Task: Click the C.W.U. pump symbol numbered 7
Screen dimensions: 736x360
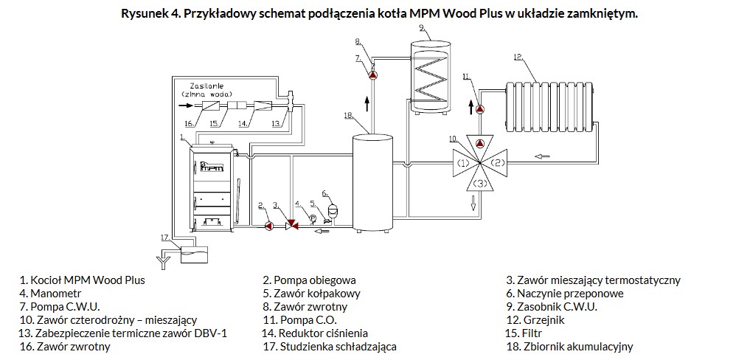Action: click(372, 75)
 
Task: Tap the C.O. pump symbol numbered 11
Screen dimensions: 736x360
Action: click(480, 109)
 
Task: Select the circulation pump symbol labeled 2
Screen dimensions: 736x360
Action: click(269, 226)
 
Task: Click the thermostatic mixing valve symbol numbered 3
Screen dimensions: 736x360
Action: click(291, 226)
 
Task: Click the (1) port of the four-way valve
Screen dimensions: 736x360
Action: click(463, 163)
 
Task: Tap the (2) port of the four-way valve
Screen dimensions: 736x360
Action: click(496, 163)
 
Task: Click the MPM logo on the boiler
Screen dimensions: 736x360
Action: click(212, 166)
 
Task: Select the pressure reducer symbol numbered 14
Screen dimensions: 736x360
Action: click(263, 105)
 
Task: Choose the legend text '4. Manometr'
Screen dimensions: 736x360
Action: click(50, 294)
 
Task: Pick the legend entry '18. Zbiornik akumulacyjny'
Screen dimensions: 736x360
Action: click(569, 347)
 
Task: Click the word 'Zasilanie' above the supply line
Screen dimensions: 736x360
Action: click(206, 86)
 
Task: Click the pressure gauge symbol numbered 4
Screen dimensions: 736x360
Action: click(312, 218)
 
